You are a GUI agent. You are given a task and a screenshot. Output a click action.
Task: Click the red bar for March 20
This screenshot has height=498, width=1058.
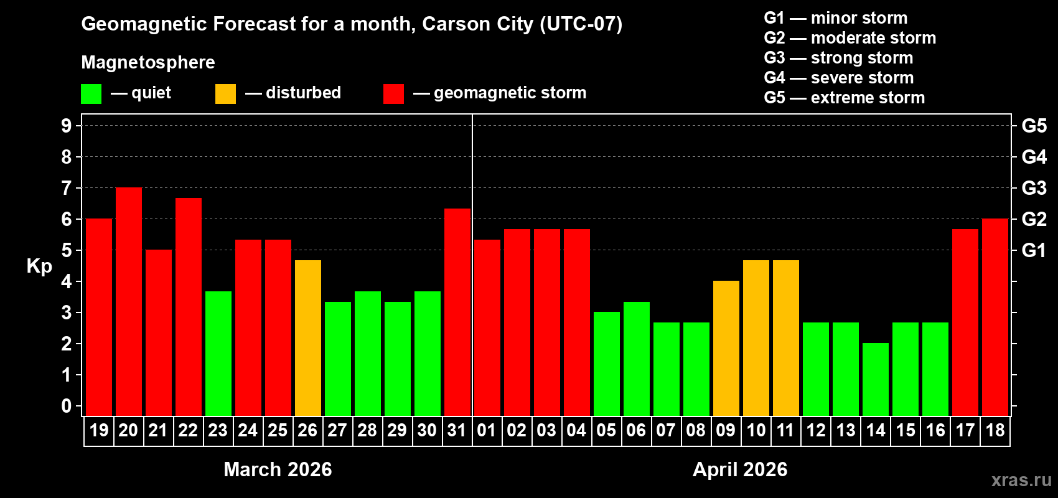point(129,301)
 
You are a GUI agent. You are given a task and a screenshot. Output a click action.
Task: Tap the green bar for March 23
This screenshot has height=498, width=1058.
point(218,354)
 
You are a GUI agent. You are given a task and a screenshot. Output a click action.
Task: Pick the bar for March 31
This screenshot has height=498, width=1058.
point(457,312)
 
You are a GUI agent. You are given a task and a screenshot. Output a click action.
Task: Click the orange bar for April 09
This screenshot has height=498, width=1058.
point(726,348)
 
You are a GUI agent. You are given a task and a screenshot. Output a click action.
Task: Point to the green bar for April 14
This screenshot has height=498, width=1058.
point(876,379)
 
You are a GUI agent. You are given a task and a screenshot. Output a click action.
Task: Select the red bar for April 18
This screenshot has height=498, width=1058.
point(995,317)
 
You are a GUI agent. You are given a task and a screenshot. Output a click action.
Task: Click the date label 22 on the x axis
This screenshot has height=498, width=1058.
point(188,431)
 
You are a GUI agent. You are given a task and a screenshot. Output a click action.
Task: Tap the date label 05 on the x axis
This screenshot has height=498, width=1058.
point(606,431)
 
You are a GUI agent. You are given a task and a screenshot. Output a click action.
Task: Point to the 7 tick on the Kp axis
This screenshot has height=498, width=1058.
point(67,188)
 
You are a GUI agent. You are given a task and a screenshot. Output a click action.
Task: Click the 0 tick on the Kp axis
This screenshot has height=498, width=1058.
point(67,406)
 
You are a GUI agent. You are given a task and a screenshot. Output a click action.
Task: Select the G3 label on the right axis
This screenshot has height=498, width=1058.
point(1034,188)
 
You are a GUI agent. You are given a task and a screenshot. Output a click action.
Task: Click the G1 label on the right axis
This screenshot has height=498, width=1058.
point(1034,250)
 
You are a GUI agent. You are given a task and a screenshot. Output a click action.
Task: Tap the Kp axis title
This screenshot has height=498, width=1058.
point(39,266)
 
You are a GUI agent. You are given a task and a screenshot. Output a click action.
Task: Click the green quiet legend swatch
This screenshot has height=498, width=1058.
point(91,94)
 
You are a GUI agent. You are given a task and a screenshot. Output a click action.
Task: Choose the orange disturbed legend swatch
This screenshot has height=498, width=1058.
point(226,94)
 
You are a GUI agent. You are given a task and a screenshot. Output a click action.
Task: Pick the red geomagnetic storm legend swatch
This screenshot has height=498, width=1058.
point(394,94)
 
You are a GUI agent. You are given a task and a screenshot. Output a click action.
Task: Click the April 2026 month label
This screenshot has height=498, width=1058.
point(740,469)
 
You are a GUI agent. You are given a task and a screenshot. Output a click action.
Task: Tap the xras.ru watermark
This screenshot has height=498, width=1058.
point(1021,480)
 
